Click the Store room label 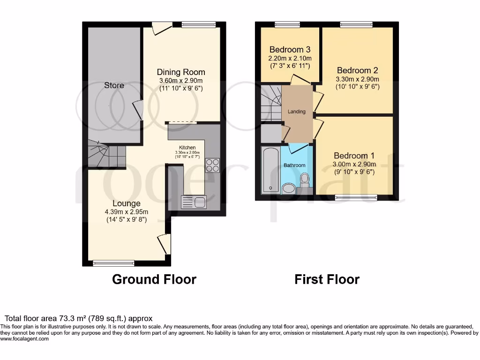(x=114, y=85)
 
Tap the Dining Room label (x=180, y=72)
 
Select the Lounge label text (x=126, y=203)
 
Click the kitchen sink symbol (x=194, y=202)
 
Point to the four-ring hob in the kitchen (x=212, y=165)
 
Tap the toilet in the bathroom (x=305, y=180)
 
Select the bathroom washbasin (x=288, y=188)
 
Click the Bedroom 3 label (x=290, y=49)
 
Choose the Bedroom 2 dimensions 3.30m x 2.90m (x=357, y=79)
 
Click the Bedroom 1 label (x=354, y=156)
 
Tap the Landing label (x=297, y=112)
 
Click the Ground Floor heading (x=154, y=279)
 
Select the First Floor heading (x=327, y=279)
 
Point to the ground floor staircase (x=106, y=155)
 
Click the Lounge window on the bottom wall (x=113, y=263)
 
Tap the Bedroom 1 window (x=356, y=197)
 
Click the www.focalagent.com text (x=24, y=338)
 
